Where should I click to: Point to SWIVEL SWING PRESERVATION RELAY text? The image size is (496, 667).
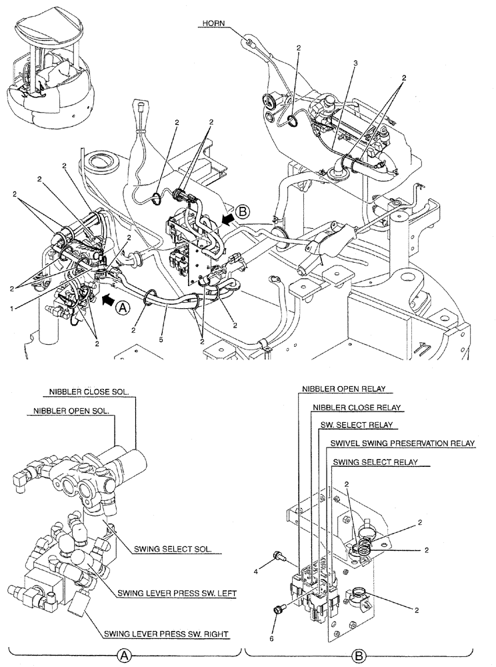pos(403,443)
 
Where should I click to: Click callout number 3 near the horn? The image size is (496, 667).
pos(355,63)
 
